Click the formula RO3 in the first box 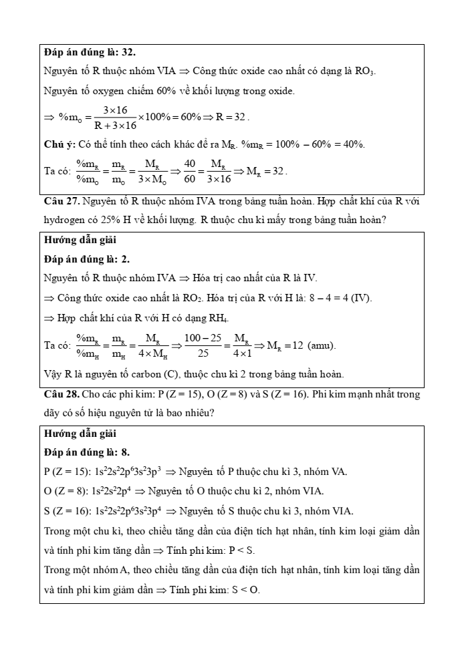click(x=372, y=71)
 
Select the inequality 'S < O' click(x=248, y=591)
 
